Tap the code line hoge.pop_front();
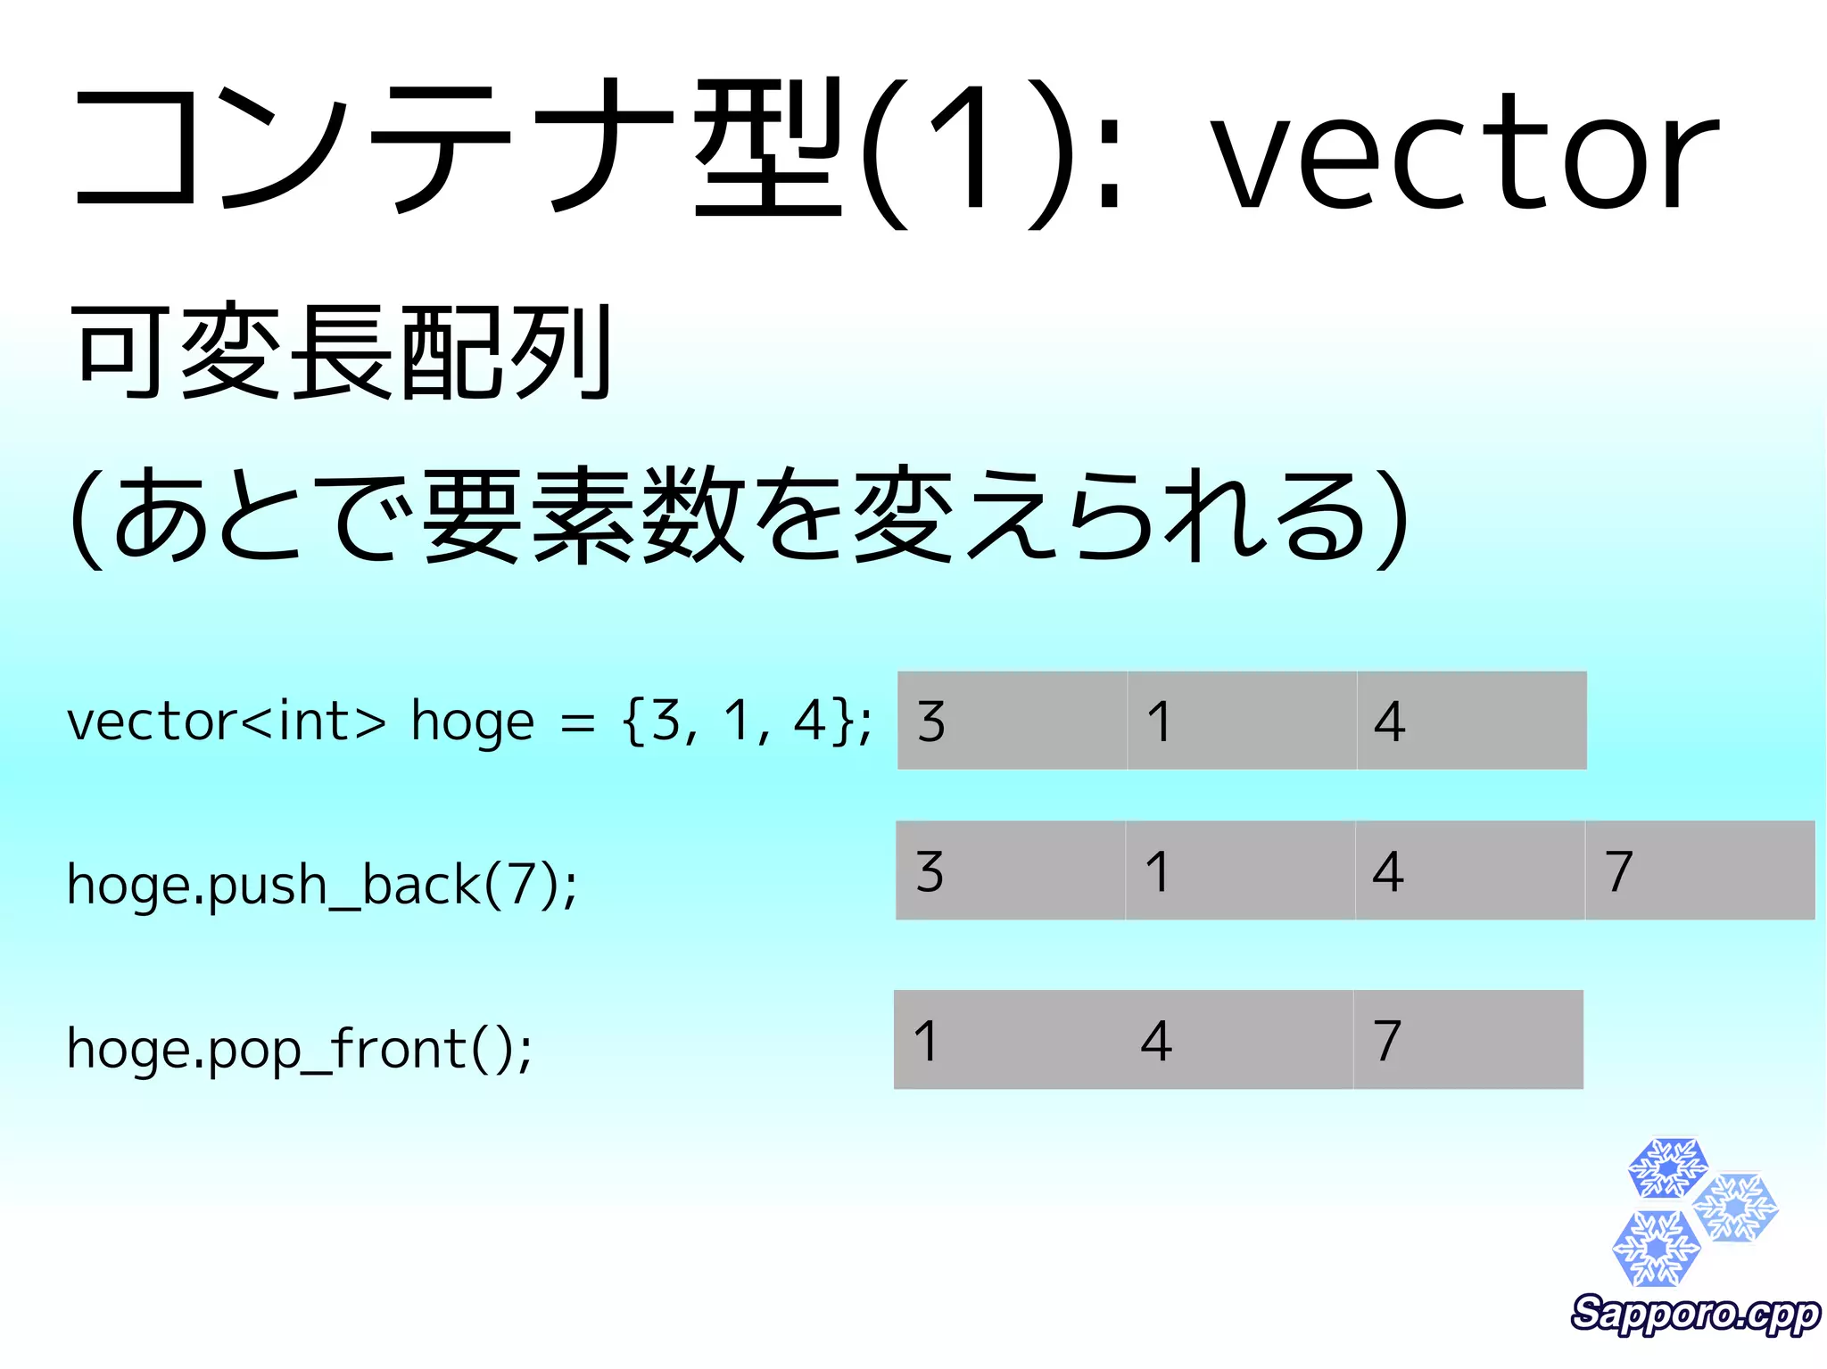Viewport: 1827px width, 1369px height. [300, 1049]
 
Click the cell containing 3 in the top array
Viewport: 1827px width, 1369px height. [1012, 721]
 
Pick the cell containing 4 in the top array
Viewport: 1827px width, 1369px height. [1472, 721]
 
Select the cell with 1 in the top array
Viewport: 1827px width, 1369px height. [1242, 721]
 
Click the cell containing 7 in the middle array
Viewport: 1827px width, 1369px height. [1699, 870]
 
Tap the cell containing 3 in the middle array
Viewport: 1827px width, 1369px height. [1010, 870]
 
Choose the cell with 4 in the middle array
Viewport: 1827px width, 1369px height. [1469, 870]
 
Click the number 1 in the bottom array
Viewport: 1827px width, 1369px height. [926, 1040]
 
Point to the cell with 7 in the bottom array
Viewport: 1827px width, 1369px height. [1467, 1040]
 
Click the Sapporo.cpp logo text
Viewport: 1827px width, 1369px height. [1695, 1315]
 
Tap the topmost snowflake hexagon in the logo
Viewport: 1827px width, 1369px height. [1667, 1167]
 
